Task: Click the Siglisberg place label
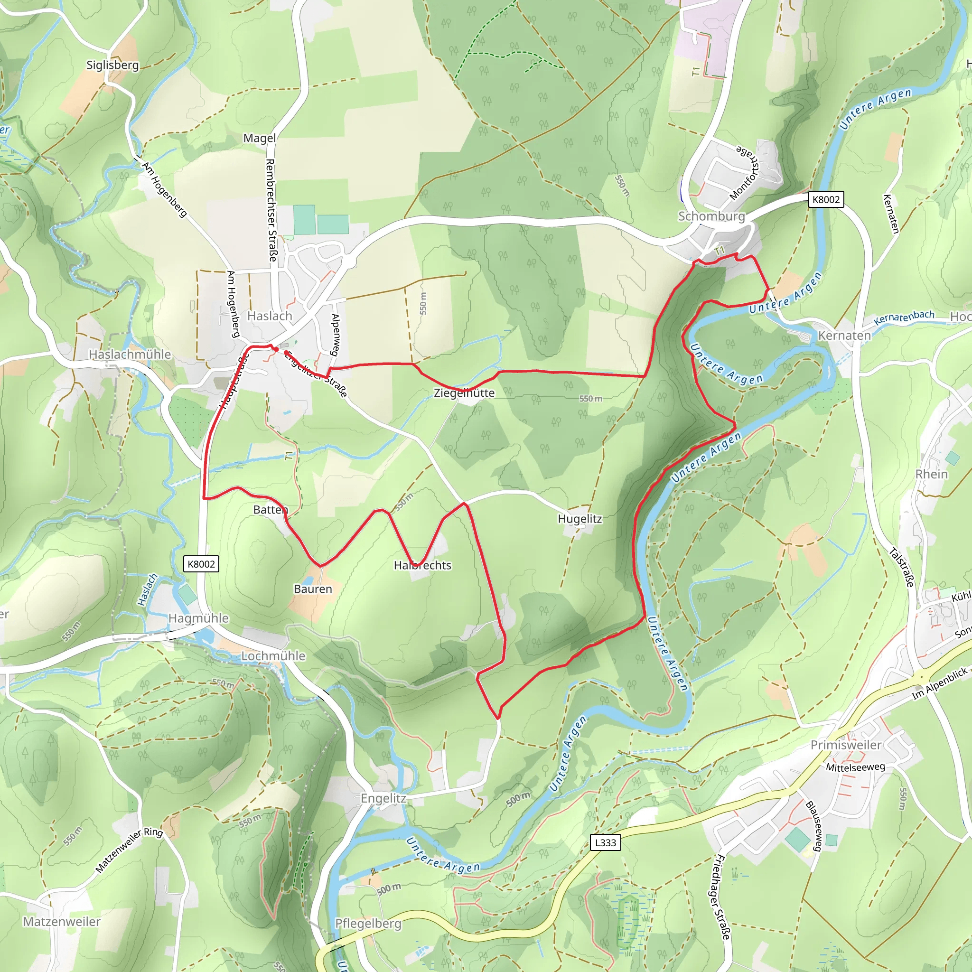click(112, 65)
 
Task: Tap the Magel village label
click(260, 138)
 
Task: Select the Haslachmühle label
click(130, 354)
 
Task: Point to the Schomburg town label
click(711, 216)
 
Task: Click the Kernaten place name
click(844, 336)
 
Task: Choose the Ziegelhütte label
click(464, 393)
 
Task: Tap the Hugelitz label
click(579, 519)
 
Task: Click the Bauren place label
click(313, 589)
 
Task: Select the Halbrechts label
click(422, 565)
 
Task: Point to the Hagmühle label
click(198, 618)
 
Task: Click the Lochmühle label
click(273, 656)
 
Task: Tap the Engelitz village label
click(383, 798)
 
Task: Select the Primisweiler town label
click(846, 745)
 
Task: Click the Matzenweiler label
click(62, 922)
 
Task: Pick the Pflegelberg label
click(368, 924)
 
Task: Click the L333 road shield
click(605, 843)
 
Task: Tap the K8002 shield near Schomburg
click(826, 200)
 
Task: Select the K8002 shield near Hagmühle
click(201, 564)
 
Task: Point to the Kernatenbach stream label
click(904, 318)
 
